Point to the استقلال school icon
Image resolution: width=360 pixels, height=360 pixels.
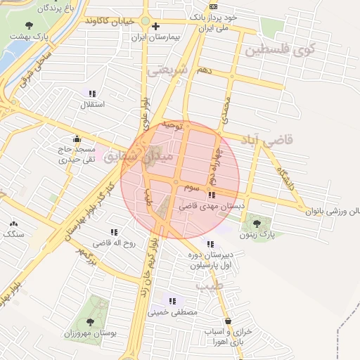pyautogui.click(x=92, y=94)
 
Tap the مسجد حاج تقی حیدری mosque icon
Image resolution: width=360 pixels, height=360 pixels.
pyautogui.click(x=76, y=139)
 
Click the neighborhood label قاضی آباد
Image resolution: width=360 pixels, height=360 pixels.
pyautogui.click(x=271, y=141)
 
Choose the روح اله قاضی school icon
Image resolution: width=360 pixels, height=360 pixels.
pyautogui.click(x=113, y=232)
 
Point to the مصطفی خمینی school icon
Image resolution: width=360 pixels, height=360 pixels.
pyautogui.click(x=172, y=301)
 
